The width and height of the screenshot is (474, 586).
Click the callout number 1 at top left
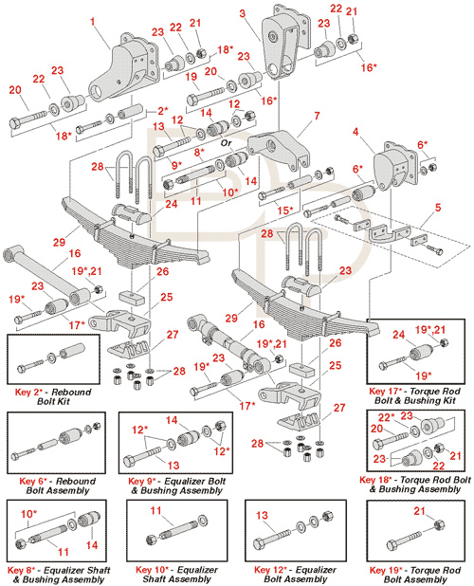coord(93,21)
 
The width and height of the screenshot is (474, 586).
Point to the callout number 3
coord(243,14)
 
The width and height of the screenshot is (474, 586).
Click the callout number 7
coord(318,116)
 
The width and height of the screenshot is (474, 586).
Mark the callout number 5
coord(438,207)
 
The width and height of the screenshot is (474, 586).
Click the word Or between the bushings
coord(226,143)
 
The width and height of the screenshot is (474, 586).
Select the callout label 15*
coord(285,211)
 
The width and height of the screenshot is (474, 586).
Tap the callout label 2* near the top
coord(163,111)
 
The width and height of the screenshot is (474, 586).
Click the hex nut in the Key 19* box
coord(441,525)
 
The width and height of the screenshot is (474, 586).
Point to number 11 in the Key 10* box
coord(155,510)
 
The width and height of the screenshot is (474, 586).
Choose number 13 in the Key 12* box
coord(262,516)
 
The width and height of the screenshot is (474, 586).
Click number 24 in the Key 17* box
coord(398,334)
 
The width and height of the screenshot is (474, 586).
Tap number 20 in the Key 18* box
coord(377,429)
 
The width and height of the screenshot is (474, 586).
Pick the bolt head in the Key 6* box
coord(16,456)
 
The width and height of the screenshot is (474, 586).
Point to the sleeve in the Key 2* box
coord(71,351)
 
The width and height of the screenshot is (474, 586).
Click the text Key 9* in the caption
coord(143,482)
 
